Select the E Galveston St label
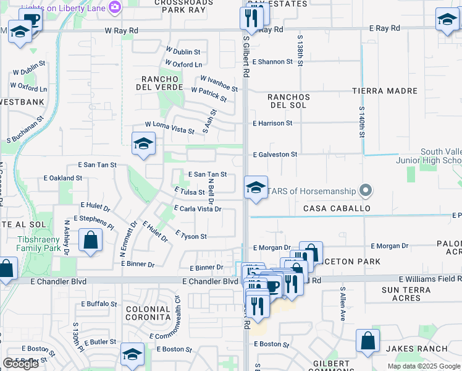(x=275, y=154)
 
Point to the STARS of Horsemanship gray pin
(x=366, y=190)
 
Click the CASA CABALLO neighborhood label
(x=337, y=208)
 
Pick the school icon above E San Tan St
(x=143, y=145)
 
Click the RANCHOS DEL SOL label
(x=288, y=101)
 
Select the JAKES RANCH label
(x=417, y=349)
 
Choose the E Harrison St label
(x=272, y=123)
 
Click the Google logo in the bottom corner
(x=20, y=364)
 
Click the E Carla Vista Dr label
(x=198, y=209)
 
